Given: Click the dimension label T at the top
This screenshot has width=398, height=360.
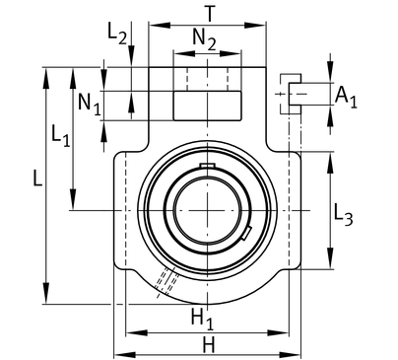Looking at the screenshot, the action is pyautogui.click(x=209, y=14).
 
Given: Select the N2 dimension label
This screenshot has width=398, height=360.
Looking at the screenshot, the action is pyautogui.click(x=205, y=39).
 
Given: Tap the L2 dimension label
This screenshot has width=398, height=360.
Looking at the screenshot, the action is pyautogui.click(x=117, y=35).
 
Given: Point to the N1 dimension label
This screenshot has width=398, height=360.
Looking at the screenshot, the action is pyautogui.click(x=89, y=104).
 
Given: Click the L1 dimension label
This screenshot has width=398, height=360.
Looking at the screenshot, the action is pyautogui.click(x=61, y=135).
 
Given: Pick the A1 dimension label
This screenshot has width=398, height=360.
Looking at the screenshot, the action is pyautogui.click(x=346, y=98).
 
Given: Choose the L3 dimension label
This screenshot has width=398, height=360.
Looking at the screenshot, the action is pyautogui.click(x=344, y=215).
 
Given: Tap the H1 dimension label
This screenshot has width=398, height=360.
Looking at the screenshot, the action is pyautogui.click(x=202, y=320).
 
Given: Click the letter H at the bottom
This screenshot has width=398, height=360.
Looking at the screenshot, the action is pyautogui.click(x=209, y=345).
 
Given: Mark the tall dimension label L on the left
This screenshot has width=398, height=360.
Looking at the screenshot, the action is pyautogui.click(x=37, y=179).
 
